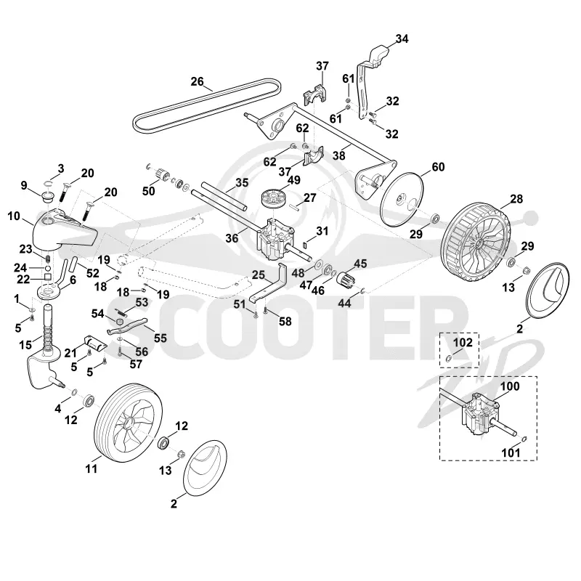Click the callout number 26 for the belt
pyautogui.click(x=197, y=81)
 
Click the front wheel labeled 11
pyautogui.click(x=125, y=423)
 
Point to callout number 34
pyautogui.click(x=402, y=39)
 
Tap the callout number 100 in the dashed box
pyautogui.click(x=510, y=386)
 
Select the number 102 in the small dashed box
pyautogui.click(x=463, y=342)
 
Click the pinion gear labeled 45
pyautogui.click(x=345, y=278)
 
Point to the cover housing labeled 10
pyautogui.click(x=64, y=232)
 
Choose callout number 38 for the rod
pyautogui.click(x=338, y=156)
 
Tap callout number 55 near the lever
pyautogui.click(x=160, y=338)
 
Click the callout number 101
pyautogui.click(x=511, y=452)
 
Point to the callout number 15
pyautogui.click(x=25, y=345)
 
